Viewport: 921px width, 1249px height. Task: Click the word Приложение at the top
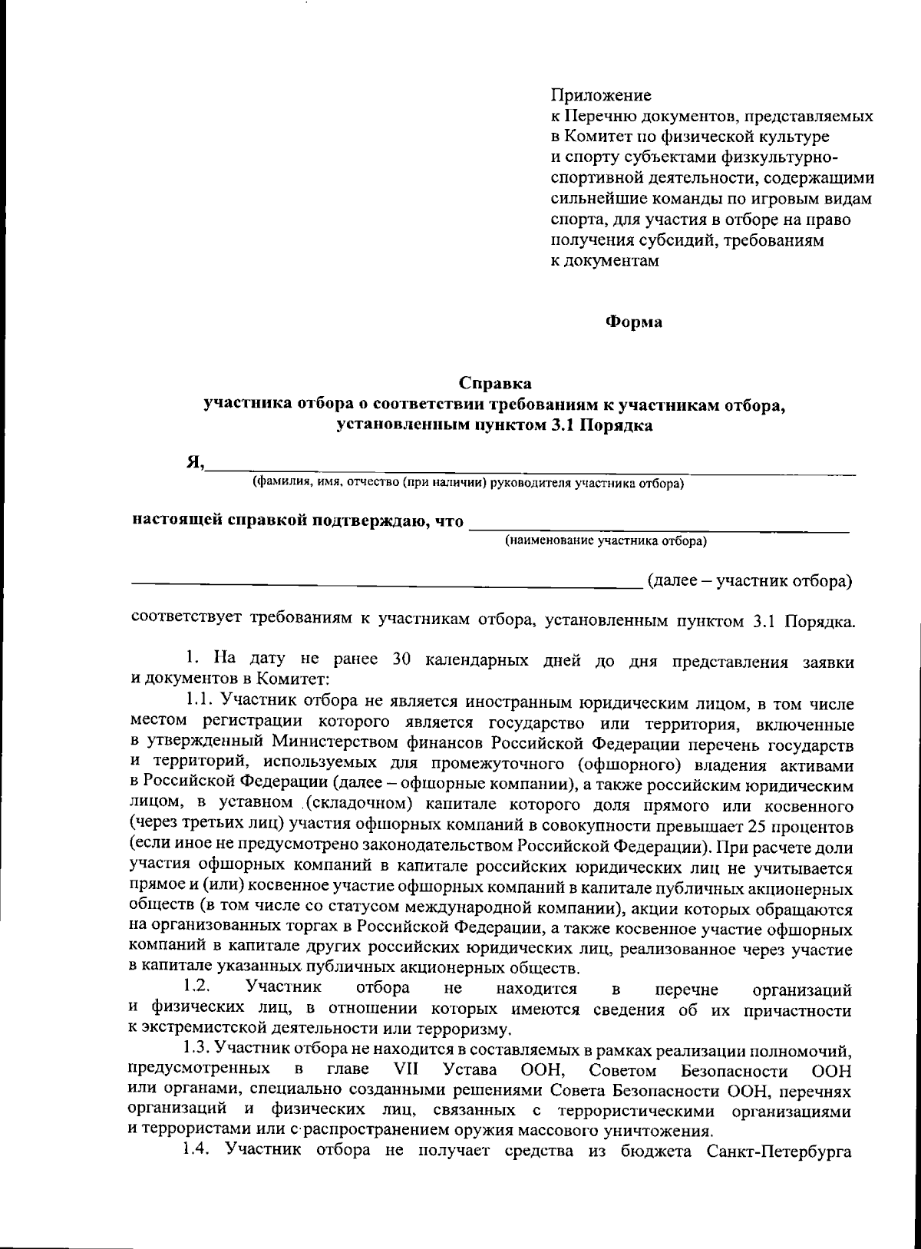[601, 95]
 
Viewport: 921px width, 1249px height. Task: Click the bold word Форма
[634, 322]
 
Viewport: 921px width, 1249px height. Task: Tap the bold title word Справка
[495, 382]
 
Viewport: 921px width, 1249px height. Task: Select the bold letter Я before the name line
[195, 462]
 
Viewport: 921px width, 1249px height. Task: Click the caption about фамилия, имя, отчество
[469, 484]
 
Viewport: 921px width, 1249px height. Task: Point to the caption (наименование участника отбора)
[605, 541]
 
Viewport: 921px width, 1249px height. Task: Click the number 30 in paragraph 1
[403, 661]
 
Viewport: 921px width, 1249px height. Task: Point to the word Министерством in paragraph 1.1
[327, 744]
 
